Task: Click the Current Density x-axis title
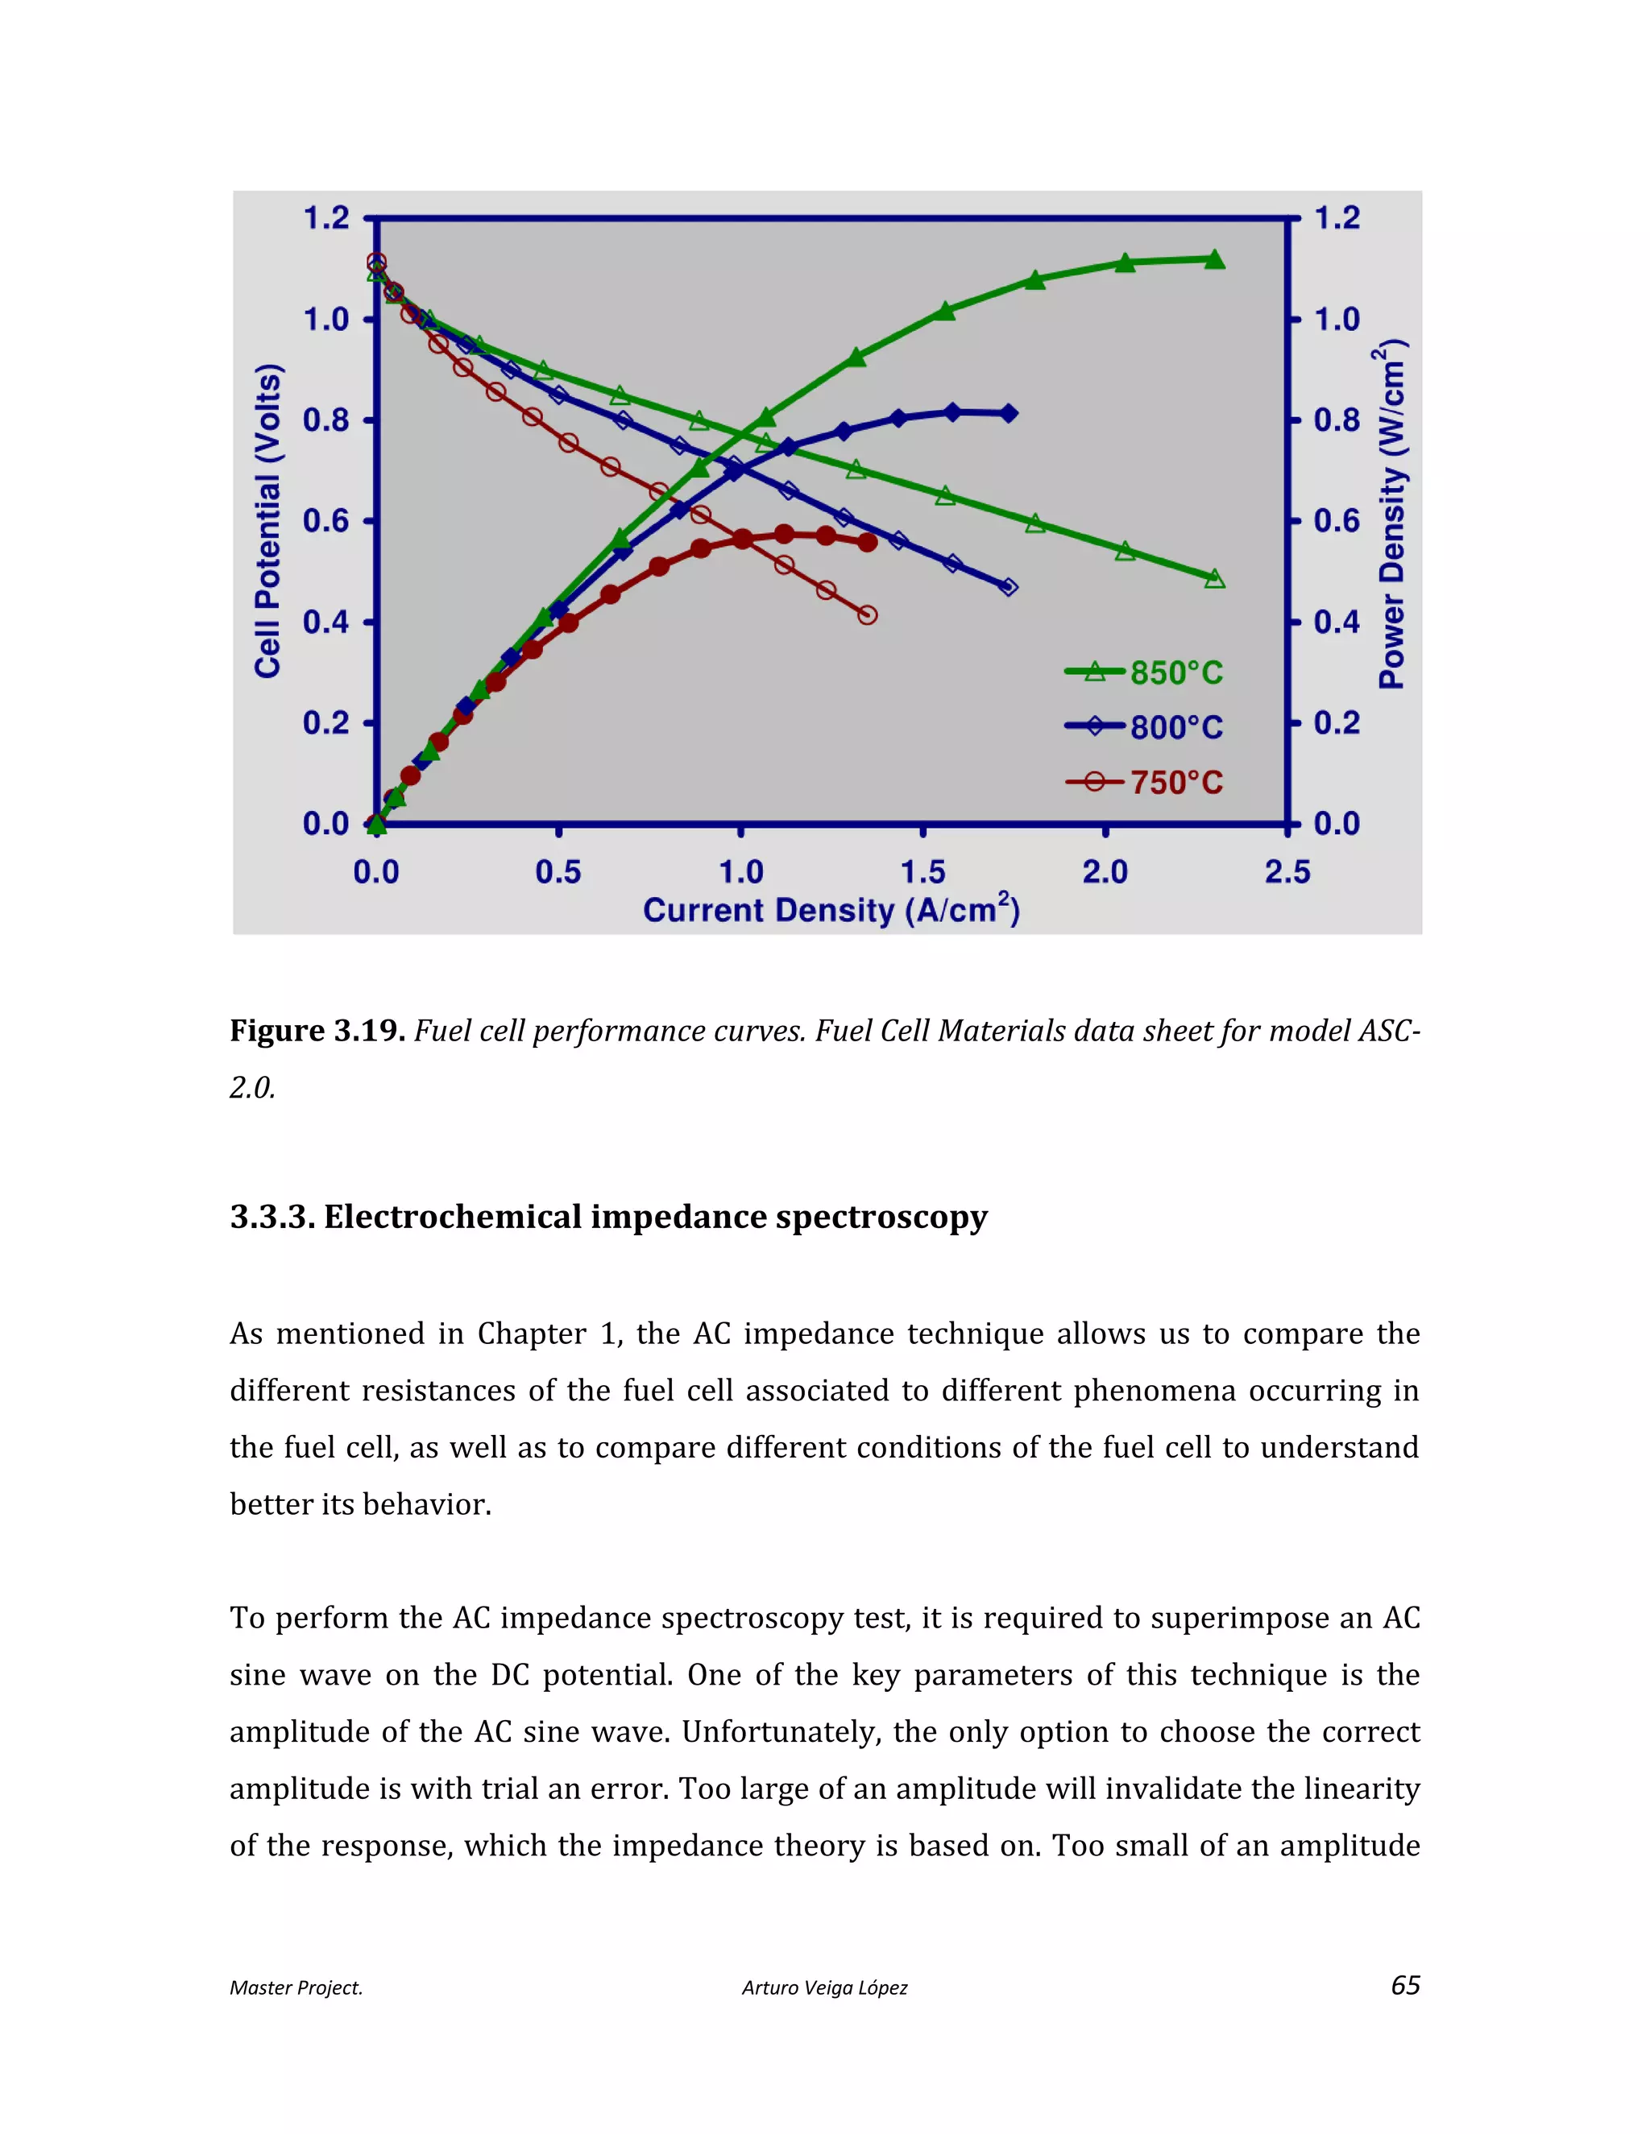click(x=831, y=910)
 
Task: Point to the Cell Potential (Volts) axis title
click(x=267, y=520)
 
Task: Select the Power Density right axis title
click(x=1392, y=513)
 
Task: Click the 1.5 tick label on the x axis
click(x=922, y=871)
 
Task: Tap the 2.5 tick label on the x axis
click(x=1287, y=871)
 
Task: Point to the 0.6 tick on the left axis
click(x=325, y=521)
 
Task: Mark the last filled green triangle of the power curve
click(x=1214, y=259)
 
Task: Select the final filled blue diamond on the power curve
click(x=1009, y=413)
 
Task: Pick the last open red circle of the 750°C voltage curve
click(x=867, y=614)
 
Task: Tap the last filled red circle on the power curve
click(x=867, y=542)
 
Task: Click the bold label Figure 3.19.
click(x=317, y=1031)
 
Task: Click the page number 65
click(x=1404, y=1986)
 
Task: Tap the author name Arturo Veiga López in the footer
click(x=824, y=1987)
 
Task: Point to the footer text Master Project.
click(x=295, y=1987)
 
